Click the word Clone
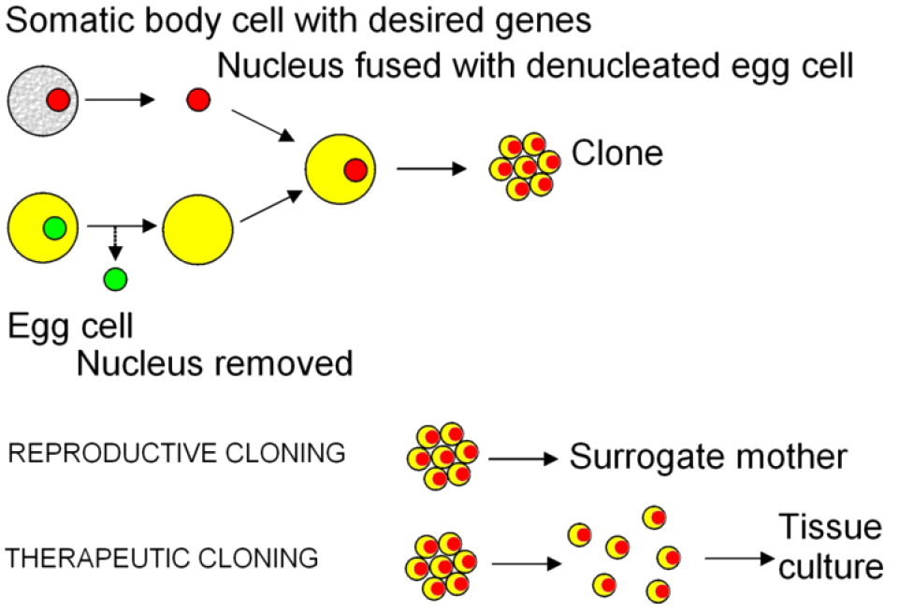tap(617, 153)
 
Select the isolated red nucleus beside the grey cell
tap(197, 100)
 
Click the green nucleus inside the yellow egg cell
tap(54, 227)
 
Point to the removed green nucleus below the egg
tap(115, 278)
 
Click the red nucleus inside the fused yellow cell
tap(355, 169)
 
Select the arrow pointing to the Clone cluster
tap(431, 169)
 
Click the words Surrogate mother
tap(708, 458)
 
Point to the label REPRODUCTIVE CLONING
tap(177, 454)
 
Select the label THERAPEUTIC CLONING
tap(162, 560)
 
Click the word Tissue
tap(831, 527)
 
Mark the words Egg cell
tap(71, 326)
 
